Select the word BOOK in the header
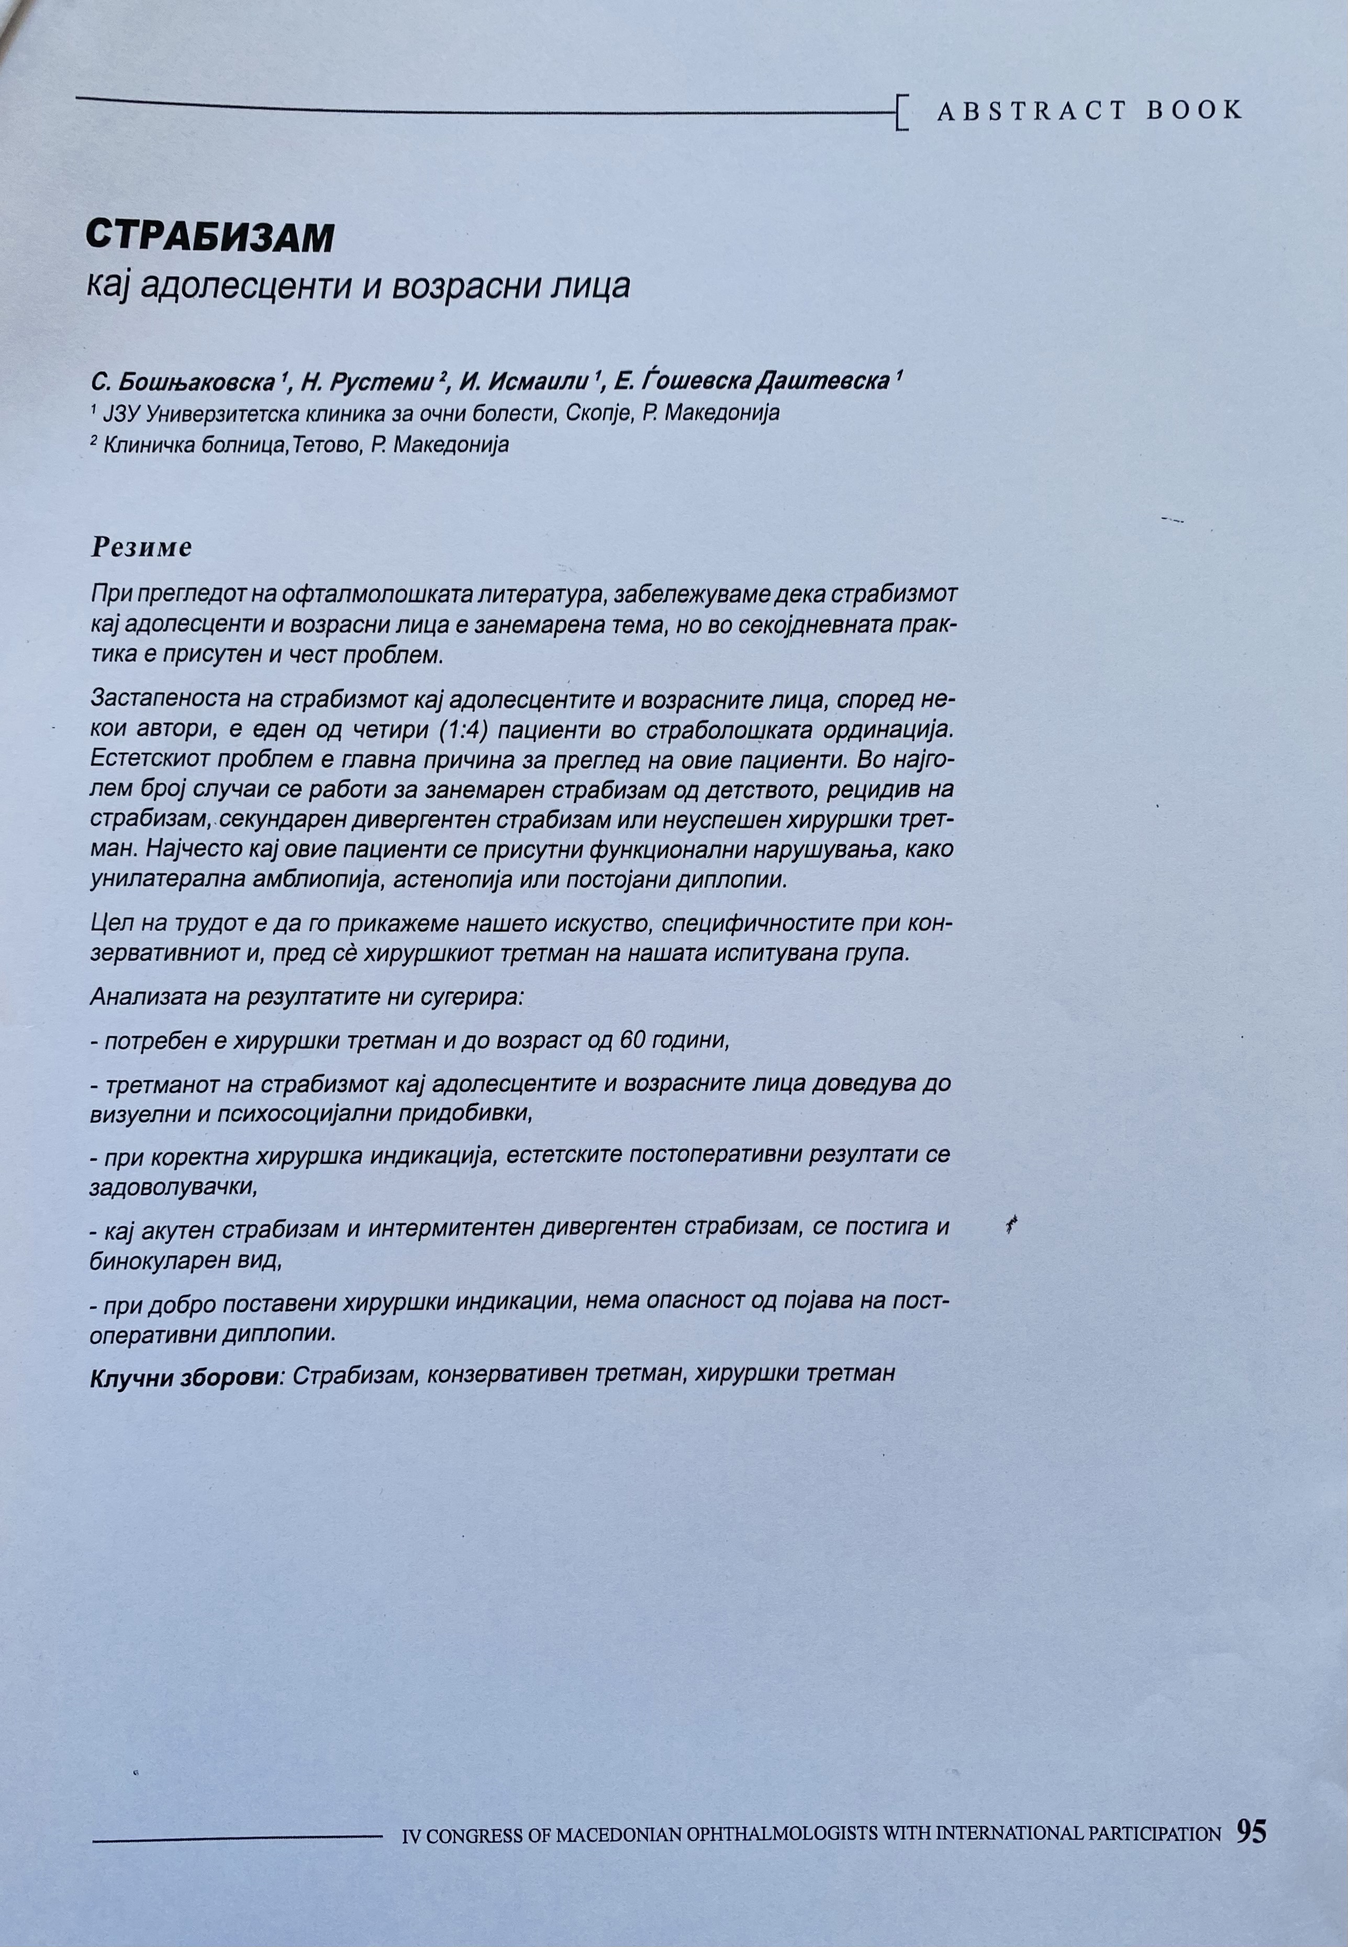pos(1194,110)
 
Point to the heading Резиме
pos(141,548)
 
